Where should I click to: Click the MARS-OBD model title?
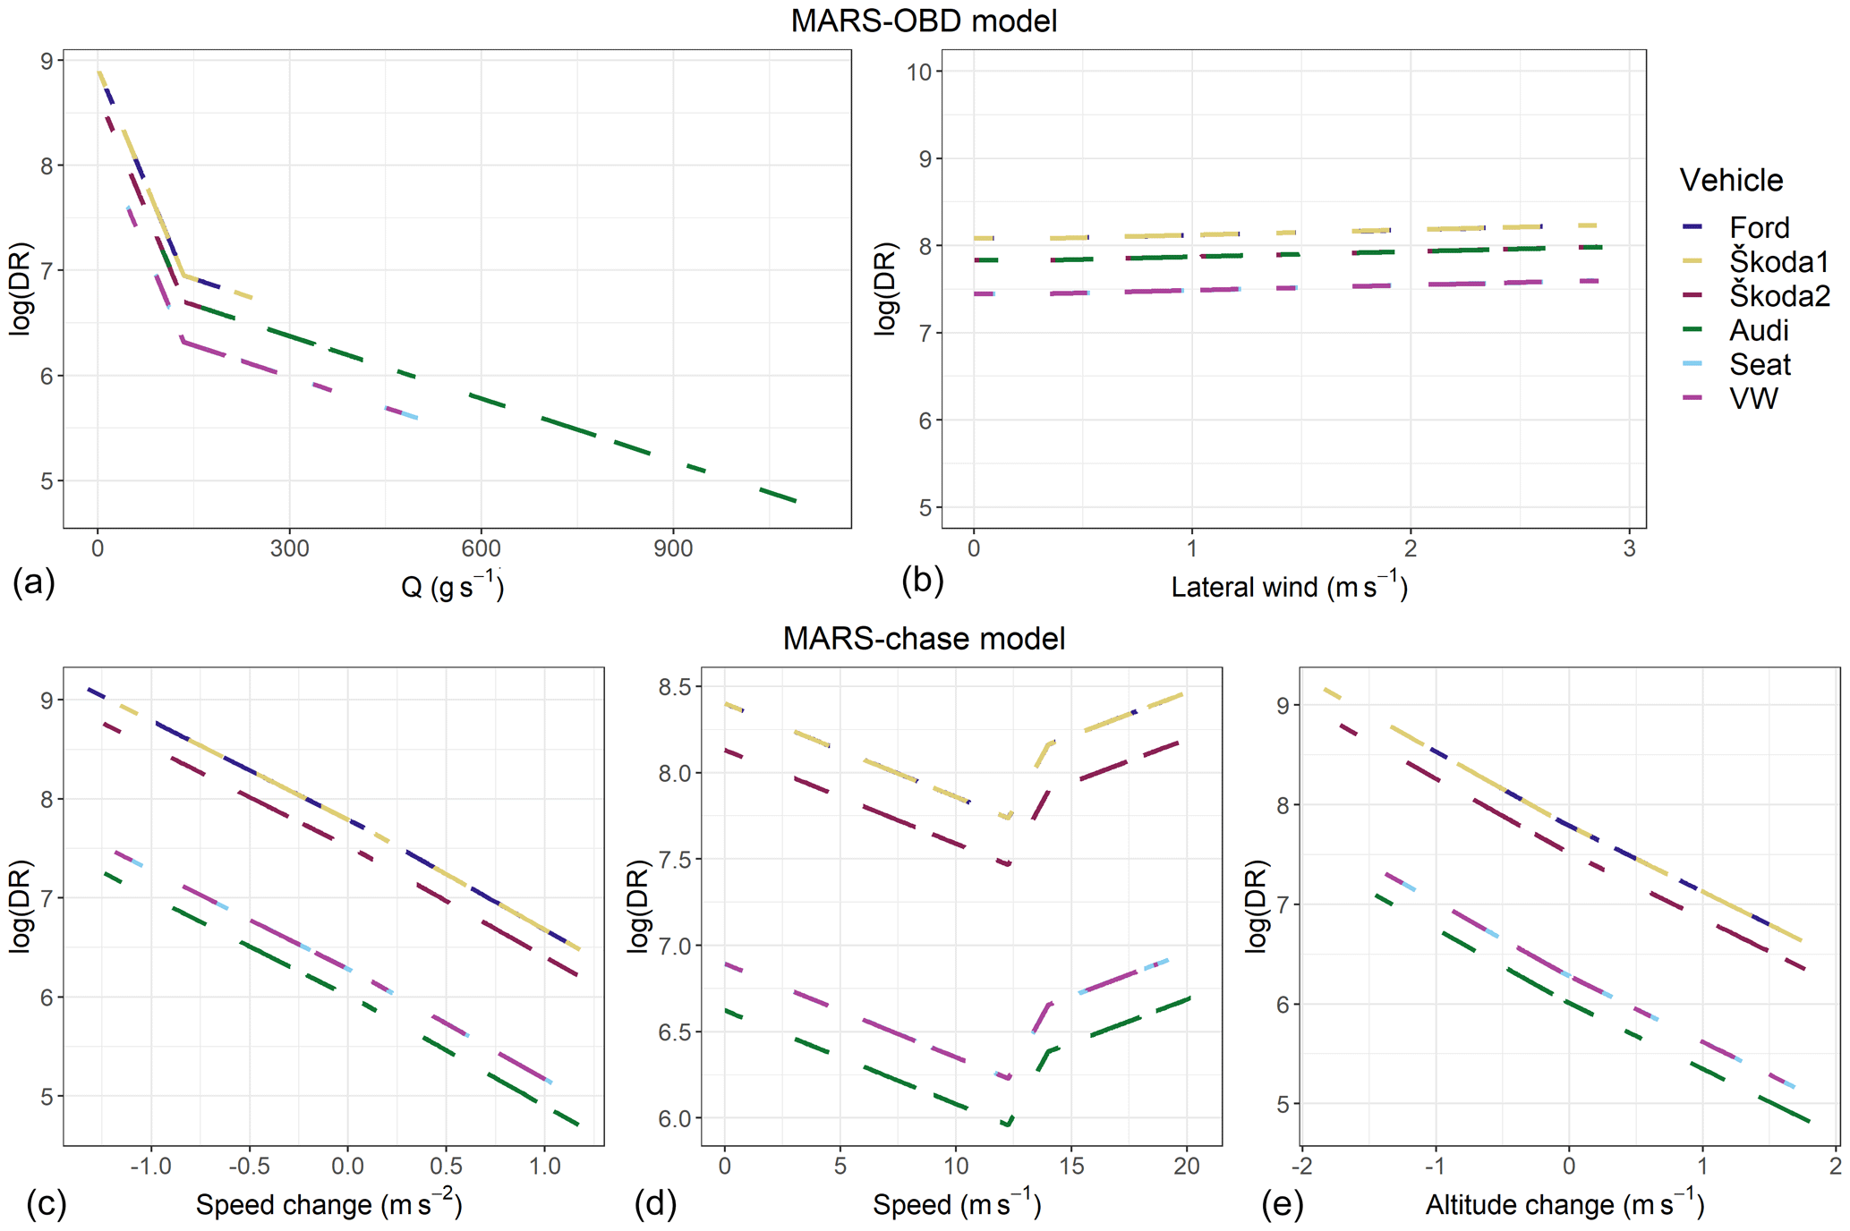click(x=924, y=21)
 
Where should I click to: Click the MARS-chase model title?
click(x=924, y=638)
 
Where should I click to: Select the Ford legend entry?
click(x=1759, y=227)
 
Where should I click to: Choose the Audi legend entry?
click(x=1759, y=330)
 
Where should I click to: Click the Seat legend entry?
click(x=1760, y=364)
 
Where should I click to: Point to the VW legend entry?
click(x=1753, y=398)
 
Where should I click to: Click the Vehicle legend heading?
click(x=1731, y=181)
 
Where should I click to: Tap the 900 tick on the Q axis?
click(x=672, y=548)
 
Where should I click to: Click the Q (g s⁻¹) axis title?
click(x=452, y=586)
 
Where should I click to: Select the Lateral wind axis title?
click(x=1289, y=586)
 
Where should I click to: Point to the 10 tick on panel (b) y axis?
click(x=919, y=72)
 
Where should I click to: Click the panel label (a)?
click(x=34, y=582)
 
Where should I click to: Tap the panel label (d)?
click(x=655, y=1204)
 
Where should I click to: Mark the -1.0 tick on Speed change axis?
click(x=150, y=1167)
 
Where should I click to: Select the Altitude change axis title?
click(x=1564, y=1204)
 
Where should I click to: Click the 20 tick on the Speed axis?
click(x=1187, y=1167)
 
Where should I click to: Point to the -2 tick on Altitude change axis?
click(x=1302, y=1167)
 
